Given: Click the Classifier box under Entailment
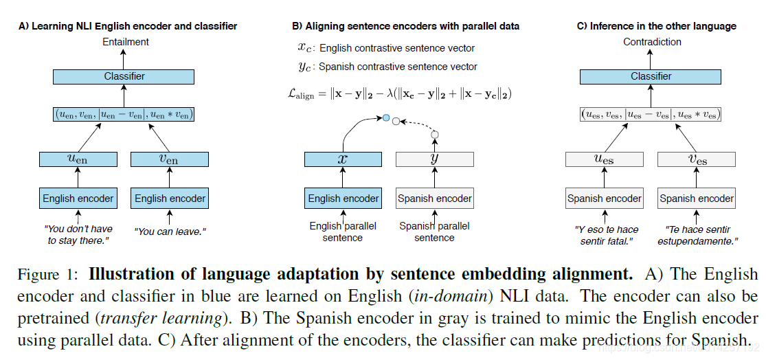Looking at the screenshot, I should click(124, 76).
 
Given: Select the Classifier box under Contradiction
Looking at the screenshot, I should click(651, 76).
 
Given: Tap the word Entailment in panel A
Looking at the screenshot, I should click(124, 42).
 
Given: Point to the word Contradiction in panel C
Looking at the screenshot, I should click(652, 42).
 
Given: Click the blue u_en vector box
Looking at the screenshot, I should click(78, 159).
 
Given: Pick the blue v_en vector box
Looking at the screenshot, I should click(169, 159).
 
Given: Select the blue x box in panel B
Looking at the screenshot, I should click(343, 159).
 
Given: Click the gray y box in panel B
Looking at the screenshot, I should click(434, 159).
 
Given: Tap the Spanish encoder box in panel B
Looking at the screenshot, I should click(434, 199).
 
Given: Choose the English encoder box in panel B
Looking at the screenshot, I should click(343, 199).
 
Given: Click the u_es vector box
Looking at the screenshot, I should click(604, 159).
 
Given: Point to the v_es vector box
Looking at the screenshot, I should click(696, 159).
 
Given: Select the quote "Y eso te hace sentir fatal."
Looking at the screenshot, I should click(604, 235).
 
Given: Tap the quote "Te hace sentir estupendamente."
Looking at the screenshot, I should click(696, 235).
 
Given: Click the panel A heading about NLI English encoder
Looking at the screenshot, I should click(128, 26).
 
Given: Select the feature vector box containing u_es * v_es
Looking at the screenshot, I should click(651, 115).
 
